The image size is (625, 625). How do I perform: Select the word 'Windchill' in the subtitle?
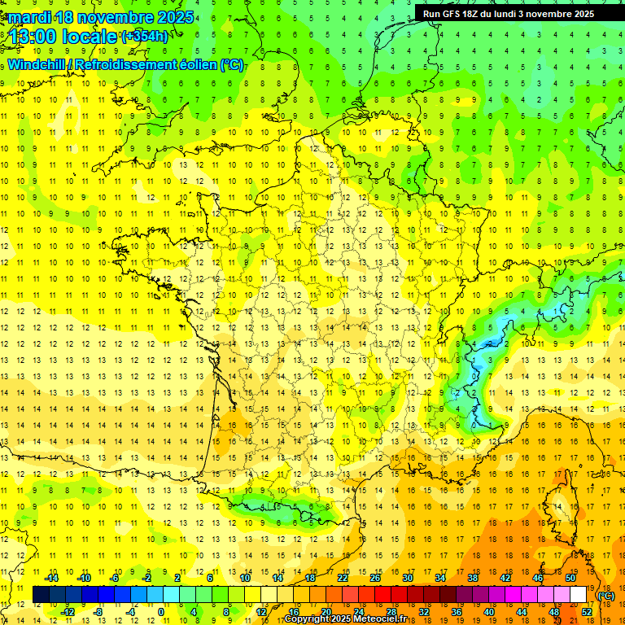click(x=36, y=65)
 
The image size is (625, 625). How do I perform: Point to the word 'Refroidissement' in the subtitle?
click(x=128, y=65)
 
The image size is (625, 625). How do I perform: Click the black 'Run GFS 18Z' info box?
click(x=508, y=14)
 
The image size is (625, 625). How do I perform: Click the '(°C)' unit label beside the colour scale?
click(x=605, y=596)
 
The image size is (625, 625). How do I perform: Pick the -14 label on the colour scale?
click(x=54, y=578)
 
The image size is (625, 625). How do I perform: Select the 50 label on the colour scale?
click(x=570, y=578)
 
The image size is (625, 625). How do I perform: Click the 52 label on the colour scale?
click(x=587, y=611)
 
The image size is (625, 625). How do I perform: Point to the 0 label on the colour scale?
click(x=161, y=611)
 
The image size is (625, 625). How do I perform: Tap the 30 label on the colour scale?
click(x=407, y=578)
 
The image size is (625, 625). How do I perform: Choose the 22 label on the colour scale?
click(x=343, y=578)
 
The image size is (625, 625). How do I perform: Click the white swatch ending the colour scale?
click(x=578, y=594)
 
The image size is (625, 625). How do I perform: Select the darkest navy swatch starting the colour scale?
click(x=40, y=594)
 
